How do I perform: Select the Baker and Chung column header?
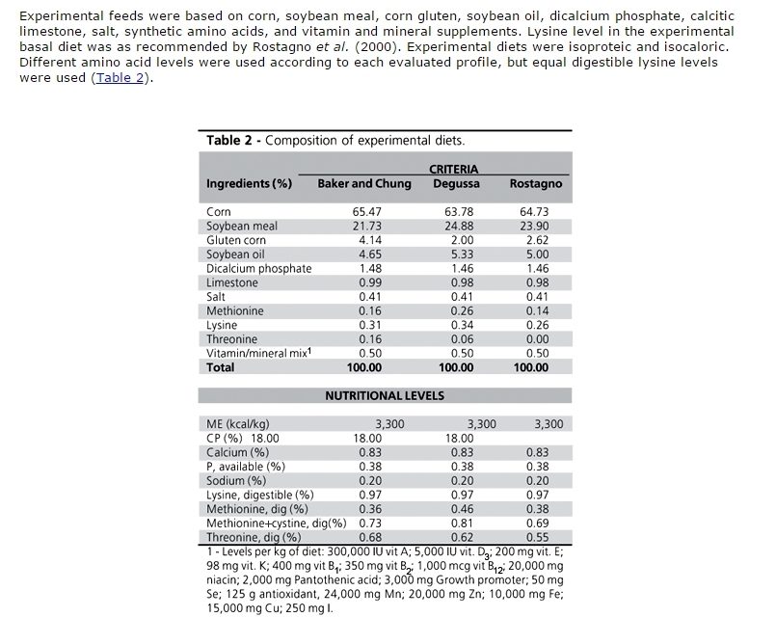[x=364, y=183]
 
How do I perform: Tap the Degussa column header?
[x=455, y=183]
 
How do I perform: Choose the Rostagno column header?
[x=535, y=183]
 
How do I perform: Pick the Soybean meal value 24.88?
[x=455, y=226]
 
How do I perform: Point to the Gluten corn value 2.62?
[x=547, y=240]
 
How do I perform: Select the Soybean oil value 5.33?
[x=455, y=254]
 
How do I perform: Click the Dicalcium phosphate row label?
[x=259, y=268]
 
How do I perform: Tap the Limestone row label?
[x=232, y=282]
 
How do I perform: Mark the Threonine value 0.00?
[x=547, y=339]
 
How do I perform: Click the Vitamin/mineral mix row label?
[x=255, y=353]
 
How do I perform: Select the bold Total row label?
[x=221, y=367]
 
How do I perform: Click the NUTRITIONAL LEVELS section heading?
[x=384, y=395]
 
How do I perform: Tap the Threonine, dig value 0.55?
[x=547, y=537]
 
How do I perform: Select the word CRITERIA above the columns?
[x=453, y=170]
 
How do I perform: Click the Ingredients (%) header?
[x=249, y=183]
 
